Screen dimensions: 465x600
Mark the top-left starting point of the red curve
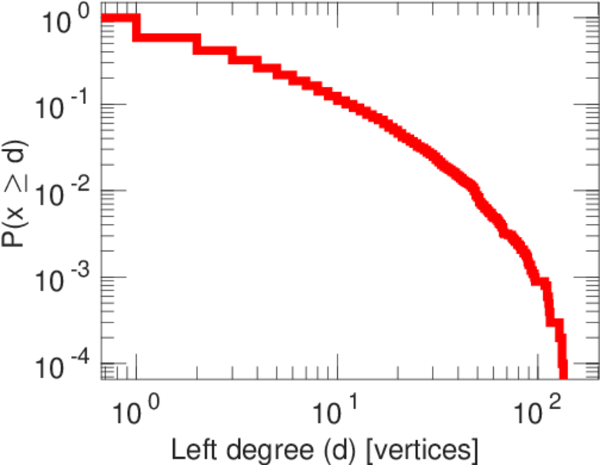pos(105,18)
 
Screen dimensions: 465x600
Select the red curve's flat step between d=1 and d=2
pos(166,37)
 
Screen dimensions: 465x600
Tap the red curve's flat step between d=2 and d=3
pos(214,50)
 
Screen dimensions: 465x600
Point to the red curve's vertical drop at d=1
pos(137,28)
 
